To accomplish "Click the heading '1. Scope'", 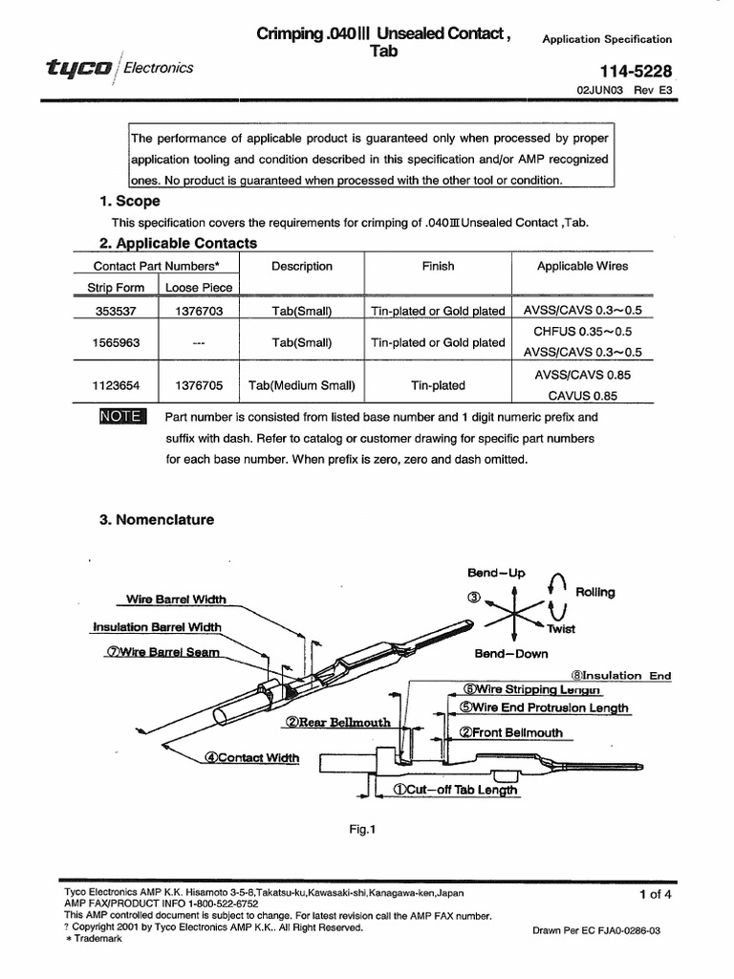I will pos(129,201).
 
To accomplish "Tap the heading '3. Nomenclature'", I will pos(157,520).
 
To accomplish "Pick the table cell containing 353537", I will pos(114,311).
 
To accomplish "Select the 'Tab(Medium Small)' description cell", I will pos(301,385).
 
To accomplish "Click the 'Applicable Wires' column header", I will pos(582,267).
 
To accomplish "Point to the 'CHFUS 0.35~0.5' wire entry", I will pos(582,331).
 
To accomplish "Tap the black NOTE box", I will pos(121,417).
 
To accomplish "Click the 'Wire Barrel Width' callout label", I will pos(177,599).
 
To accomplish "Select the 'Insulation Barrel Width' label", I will pos(158,627).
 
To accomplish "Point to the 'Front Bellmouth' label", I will pos(511,732).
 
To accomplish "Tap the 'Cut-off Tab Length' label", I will pos(455,790).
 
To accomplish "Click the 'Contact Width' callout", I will pos(250,757).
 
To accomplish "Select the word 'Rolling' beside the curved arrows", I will pos(595,592).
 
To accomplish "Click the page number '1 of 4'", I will pos(656,895).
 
